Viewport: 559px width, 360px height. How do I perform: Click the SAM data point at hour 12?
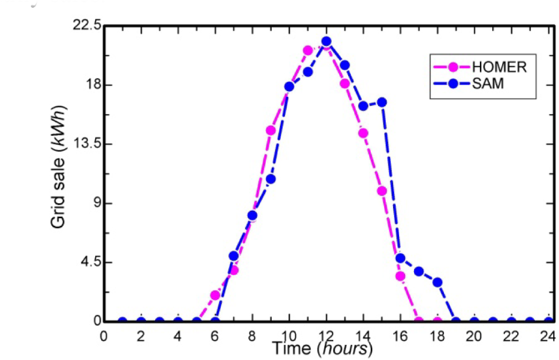[326, 41]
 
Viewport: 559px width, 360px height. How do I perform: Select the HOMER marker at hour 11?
[308, 51]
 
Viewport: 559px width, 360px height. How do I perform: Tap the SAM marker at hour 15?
[382, 102]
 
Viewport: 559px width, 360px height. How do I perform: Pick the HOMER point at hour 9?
[271, 130]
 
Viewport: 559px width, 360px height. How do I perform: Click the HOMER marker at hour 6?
[215, 295]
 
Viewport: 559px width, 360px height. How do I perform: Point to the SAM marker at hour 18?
[438, 282]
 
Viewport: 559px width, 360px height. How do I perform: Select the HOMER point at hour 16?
[400, 276]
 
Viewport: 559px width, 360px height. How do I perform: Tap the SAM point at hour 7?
[234, 256]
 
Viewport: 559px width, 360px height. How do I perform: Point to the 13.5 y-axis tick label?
[88, 144]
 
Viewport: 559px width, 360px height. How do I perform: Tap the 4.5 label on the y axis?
[90, 263]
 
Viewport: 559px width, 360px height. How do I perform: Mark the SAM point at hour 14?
[363, 106]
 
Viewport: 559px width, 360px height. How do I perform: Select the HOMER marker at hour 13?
[344, 83]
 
